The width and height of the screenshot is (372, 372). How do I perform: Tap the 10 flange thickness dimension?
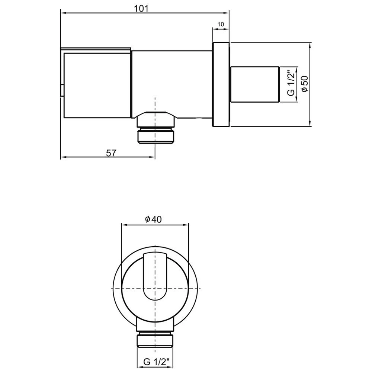point(221,25)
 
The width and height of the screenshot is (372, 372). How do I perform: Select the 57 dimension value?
point(112,153)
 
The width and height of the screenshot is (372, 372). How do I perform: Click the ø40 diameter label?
point(153,219)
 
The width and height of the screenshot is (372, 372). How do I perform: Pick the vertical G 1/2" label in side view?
point(291,84)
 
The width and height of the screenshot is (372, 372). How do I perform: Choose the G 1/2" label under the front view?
point(156,361)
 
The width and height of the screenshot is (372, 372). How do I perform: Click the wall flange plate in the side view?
point(221,84)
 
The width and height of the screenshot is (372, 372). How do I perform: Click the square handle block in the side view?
point(97,84)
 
